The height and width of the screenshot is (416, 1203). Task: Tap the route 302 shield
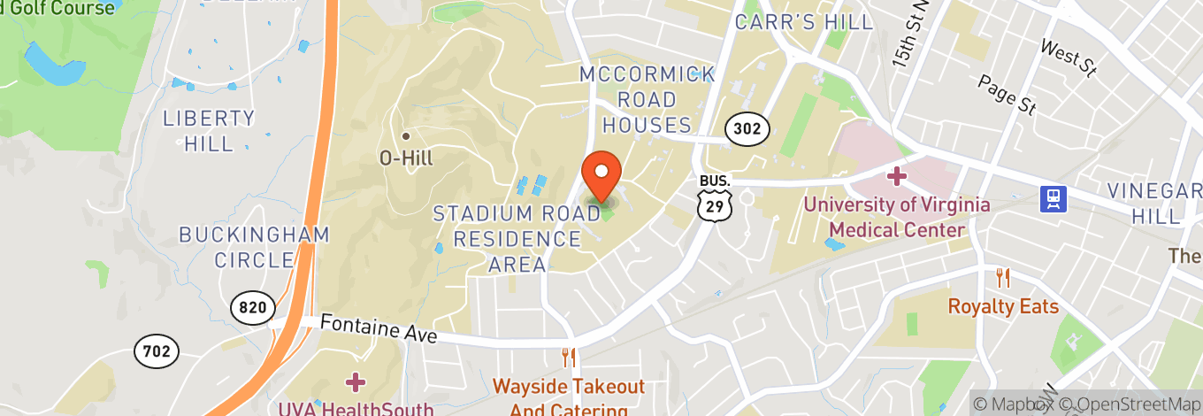tap(746, 129)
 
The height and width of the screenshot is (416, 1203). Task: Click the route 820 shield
tap(252, 308)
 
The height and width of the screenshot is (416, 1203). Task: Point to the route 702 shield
tap(157, 352)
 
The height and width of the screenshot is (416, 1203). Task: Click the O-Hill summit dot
tap(405, 136)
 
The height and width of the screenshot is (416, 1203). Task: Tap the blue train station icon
tap(1054, 199)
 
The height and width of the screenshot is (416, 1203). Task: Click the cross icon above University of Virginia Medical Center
tap(897, 176)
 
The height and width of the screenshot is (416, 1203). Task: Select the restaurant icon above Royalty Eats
tap(1003, 278)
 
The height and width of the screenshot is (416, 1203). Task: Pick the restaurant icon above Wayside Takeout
tap(569, 358)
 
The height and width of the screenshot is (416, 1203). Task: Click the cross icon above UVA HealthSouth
tap(356, 382)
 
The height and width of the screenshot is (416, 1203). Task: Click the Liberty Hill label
tap(209, 130)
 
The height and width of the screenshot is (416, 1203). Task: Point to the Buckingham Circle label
tap(254, 247)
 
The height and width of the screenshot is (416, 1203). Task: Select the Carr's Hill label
tap(804, 22)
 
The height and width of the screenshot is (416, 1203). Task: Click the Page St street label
tap(1007, 94)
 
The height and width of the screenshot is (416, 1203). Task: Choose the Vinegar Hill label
tap(1154, 203)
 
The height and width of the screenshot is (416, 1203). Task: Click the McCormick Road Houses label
tap(647, 99)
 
